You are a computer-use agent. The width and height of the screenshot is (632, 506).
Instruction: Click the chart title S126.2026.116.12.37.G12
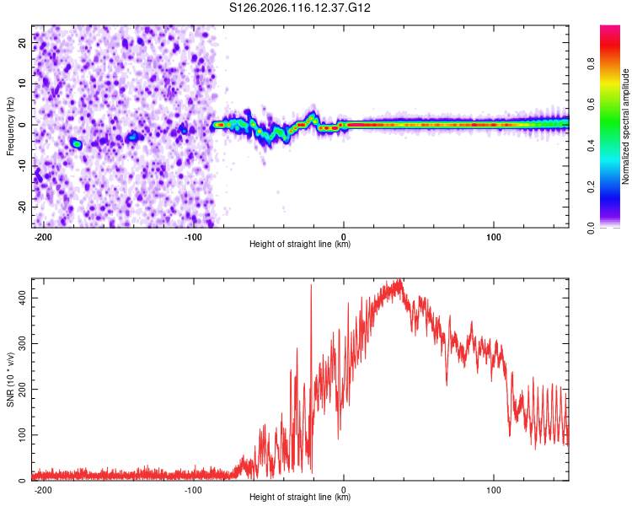tap(299, 8)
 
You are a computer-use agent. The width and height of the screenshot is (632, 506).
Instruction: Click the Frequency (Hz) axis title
tap(10, 126)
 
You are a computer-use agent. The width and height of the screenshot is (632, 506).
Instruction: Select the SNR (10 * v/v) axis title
tap(10, 379)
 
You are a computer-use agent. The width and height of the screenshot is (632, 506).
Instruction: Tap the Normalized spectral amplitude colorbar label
tap(625, 126)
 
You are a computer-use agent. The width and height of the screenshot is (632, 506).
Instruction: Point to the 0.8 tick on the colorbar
tap(591, 64)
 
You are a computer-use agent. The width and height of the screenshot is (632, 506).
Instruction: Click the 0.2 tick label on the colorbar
tap(591, 187)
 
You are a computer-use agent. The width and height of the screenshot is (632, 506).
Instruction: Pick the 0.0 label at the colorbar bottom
tap(591, 228)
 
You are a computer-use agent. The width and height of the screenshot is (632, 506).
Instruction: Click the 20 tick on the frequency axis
tap(22, 43)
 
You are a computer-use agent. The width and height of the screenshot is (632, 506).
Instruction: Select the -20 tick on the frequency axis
tap(22, 207)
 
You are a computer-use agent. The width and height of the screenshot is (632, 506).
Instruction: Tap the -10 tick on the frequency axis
tap(22, 166)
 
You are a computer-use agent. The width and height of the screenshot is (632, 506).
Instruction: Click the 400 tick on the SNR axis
tap(22, 299)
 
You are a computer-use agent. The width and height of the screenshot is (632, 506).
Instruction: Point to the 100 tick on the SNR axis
tap(22, 435)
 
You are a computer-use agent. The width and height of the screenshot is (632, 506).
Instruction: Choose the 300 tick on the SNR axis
tap(22, 344)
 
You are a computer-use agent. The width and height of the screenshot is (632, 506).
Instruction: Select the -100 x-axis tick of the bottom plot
tap(193, 490)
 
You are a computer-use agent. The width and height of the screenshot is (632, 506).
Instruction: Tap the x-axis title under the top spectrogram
tap(300, 244)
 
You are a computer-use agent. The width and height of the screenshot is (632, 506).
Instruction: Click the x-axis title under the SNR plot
tap(300, 497)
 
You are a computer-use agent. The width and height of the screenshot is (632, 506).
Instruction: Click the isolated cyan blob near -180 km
tap(76, 143)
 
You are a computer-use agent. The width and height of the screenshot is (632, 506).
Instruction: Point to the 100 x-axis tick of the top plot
tap(494, 237)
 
